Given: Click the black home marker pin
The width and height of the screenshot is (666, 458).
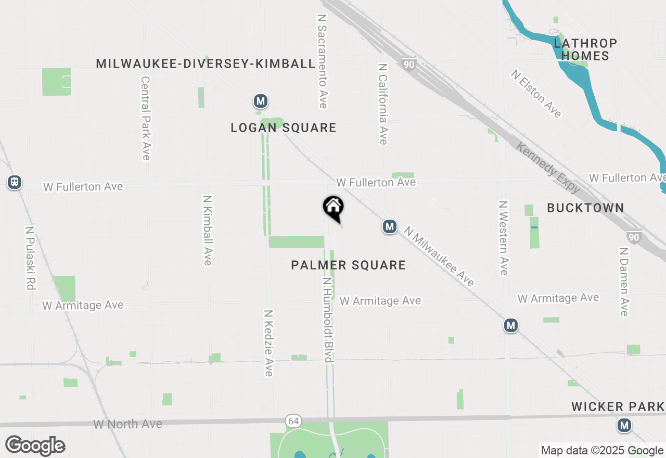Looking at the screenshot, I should [334, 207].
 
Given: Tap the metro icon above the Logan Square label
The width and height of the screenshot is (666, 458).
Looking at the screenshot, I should [261, 101].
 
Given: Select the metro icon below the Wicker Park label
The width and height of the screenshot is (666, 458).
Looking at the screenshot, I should [624, 426].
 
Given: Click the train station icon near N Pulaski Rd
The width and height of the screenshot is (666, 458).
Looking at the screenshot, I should [15, 182].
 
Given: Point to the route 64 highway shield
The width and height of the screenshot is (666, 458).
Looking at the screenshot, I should [291, 420].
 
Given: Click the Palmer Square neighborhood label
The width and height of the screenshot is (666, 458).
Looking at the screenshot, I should [348, 265].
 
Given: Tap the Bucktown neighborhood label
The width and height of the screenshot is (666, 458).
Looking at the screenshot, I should [585, 208].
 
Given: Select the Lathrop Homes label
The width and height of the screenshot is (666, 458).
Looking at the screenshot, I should [585, 49].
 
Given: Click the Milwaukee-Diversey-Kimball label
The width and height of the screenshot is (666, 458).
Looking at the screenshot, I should [206, 63].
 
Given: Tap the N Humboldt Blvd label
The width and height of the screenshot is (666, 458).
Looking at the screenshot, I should [327, 319].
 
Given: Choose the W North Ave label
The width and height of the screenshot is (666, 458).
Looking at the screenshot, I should [127, 424].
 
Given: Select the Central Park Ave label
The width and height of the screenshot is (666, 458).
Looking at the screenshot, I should [145, 118].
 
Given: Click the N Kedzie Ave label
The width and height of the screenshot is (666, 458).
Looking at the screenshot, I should [268, 343].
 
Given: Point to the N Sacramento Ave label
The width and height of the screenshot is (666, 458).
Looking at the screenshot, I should [322, 61].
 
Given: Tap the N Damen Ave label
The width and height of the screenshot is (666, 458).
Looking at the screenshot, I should [624, 281].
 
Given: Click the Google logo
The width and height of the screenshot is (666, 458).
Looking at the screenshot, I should [35, 446].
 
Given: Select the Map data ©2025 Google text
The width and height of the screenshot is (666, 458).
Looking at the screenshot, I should [602, 451].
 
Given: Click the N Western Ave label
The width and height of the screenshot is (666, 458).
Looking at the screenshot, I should [503, 237].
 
